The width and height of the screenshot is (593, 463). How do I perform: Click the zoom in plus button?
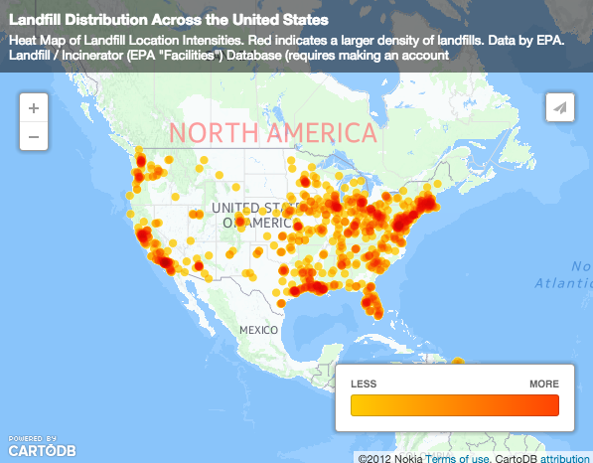(34, 108)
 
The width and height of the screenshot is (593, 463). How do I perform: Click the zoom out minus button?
(34, 136)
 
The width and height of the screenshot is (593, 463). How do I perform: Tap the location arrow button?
(560, 108)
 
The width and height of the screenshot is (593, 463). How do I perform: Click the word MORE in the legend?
(543, 384)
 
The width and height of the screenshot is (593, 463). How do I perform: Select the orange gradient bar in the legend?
(455, 405)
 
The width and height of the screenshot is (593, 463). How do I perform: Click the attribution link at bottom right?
(564, 457)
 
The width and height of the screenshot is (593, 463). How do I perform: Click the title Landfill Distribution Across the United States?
(169, 20)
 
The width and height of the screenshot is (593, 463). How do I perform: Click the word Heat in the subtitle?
(24, 41)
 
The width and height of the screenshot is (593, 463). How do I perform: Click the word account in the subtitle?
(412, 56)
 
